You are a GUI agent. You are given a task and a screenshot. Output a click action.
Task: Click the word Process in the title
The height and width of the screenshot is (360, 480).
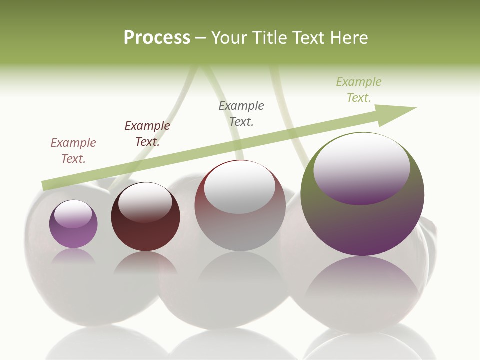coord(157,38)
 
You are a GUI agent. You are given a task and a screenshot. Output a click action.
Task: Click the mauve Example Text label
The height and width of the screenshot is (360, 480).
coord(73,151)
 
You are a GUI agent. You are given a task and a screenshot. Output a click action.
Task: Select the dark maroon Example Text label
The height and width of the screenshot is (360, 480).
coord(147,134)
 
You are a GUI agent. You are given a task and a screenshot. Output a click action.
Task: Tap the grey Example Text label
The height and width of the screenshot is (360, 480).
coord(241,114)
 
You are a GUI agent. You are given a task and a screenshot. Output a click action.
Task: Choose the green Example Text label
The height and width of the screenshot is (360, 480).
coord(359,90)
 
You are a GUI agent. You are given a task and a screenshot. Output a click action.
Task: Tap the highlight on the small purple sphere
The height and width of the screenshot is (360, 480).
coord(73,214)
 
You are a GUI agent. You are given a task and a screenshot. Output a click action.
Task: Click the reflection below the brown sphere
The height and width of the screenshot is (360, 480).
coord(145,263)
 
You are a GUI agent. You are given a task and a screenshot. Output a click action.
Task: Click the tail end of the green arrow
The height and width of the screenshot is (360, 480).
coord(46,186)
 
